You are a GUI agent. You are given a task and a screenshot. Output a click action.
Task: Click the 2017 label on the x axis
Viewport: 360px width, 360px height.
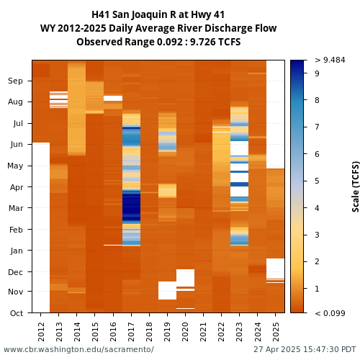coord(131,332)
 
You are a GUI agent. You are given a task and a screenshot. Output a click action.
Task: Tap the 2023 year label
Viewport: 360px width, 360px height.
coord(239,332)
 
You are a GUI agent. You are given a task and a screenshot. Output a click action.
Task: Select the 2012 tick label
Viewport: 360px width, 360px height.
coord(41,332)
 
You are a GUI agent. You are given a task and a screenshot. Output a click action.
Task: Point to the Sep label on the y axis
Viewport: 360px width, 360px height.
coord(15,81)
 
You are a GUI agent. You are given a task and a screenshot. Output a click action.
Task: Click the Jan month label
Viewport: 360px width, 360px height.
coord(17,251)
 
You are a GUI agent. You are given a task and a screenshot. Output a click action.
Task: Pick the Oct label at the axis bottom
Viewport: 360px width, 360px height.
coord(17,313)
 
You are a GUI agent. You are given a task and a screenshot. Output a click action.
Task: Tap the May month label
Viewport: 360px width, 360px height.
coord(15,166)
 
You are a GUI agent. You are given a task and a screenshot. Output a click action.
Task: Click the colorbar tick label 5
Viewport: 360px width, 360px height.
coord(317,181)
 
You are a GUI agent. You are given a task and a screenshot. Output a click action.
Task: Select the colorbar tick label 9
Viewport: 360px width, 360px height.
coord(317,73)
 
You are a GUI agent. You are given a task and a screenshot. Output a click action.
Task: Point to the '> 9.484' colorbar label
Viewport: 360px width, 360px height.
coord(330,60)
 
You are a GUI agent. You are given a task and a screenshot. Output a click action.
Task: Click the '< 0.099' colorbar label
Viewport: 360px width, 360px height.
coord(330,313)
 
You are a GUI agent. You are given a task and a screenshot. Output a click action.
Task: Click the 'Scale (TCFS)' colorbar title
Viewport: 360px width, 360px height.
coord(356,186)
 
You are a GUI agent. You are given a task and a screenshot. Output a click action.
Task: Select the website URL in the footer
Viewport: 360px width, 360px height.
coord(78,349)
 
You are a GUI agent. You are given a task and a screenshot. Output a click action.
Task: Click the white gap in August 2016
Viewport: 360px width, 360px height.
coord(113,98)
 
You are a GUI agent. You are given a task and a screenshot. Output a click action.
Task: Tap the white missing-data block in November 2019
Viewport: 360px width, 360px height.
coord(167,290)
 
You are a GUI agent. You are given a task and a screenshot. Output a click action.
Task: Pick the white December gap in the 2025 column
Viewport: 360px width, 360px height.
coord(275,269)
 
